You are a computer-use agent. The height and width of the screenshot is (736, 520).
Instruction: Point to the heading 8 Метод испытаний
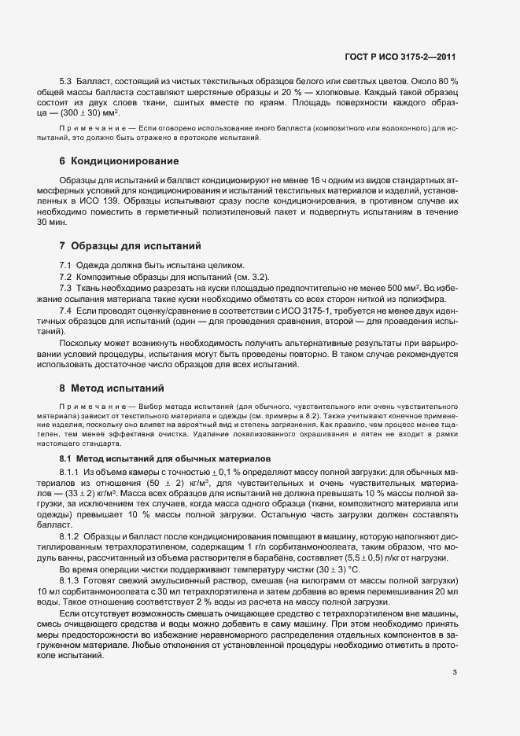[111, 388]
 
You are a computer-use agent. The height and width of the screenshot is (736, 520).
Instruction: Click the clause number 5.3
[66, 82]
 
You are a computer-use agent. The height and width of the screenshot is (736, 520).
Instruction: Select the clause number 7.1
[66, 264]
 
